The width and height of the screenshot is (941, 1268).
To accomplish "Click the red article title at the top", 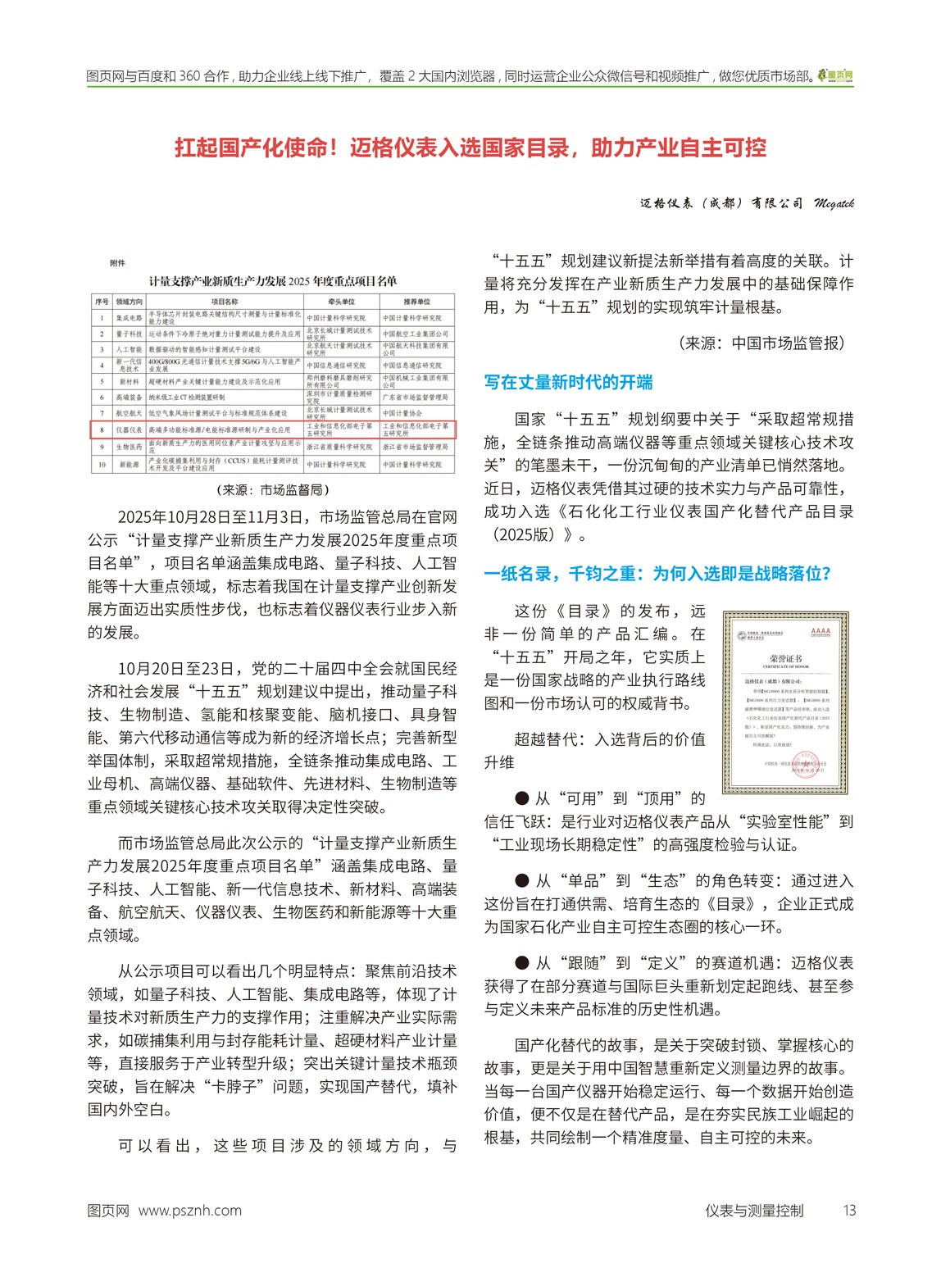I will [470, 148].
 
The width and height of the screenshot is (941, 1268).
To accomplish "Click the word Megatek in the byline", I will [833, 203].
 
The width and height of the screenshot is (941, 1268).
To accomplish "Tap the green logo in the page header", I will [835, 75].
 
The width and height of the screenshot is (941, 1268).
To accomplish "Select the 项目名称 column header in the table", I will [225, 302].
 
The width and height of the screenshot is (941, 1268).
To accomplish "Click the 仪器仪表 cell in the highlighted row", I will [129, 429].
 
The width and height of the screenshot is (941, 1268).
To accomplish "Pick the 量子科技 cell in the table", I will [129, 334].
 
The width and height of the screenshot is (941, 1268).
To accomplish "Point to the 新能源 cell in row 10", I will [129, 464].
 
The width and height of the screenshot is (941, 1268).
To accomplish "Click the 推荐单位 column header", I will [416, 302].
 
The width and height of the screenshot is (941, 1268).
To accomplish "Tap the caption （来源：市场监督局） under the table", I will [273, 489].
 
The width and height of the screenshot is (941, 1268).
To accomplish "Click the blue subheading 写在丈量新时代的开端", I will [568, 382].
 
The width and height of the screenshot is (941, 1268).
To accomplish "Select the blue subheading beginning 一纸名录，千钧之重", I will [657, 573].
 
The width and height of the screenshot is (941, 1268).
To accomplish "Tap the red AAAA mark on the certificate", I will [820, 632].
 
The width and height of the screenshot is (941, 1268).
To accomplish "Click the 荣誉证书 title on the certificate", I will [785, 658].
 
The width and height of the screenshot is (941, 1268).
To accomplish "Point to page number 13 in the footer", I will [849, 1211].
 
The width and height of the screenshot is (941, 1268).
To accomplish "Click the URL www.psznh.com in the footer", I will [190, 1211].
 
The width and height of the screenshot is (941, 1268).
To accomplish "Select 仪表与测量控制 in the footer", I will [754, 1211].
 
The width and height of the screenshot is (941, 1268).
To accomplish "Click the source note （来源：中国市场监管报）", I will [762, 343].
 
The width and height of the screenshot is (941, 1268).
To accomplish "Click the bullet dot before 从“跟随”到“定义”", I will [522, 963].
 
